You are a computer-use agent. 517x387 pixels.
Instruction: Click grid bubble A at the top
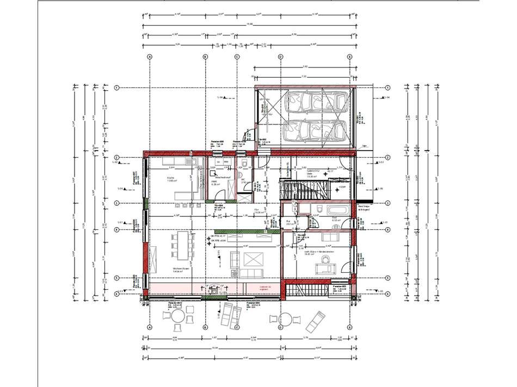pyautogui.click(x=150, y=56)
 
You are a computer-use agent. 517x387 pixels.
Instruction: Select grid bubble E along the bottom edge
pyautogui.click(x=348, y=328)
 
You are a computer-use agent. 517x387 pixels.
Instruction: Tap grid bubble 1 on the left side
pyautogui.click(x=116, y=88)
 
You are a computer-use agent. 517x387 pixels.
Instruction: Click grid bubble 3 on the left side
pyautogui.click(x=116, y=203)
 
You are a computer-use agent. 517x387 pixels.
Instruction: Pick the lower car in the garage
pyautogui.click(x=313, y=130)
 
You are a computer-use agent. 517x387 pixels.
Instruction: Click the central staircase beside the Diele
pyautogui.click(x=305, y=190)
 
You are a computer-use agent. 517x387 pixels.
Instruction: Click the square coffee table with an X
pyautogui.click(x=253, y=259)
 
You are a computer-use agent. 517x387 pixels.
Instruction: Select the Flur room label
pyautogui.click(x=255, y=213)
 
